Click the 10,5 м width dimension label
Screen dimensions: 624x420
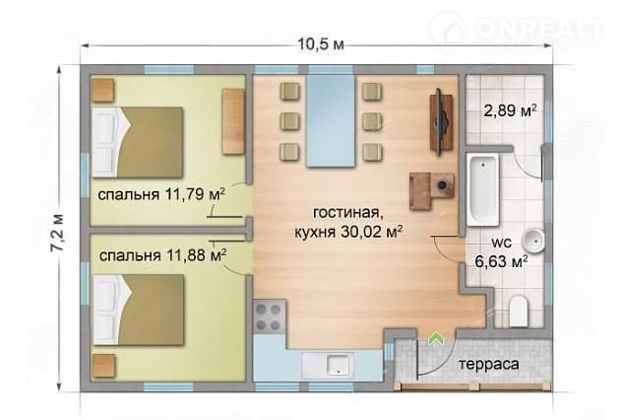(321, 43)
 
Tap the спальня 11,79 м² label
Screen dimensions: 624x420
(161, 195)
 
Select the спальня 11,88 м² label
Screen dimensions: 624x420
(163, 255)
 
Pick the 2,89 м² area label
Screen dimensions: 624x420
(510, 110)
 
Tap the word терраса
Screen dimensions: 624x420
(489, 364)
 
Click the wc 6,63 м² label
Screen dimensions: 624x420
(502, 252)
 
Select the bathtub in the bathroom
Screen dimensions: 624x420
(482, 189)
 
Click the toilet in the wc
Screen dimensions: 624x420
(519, 310)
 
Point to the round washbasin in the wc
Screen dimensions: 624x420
(533, 241)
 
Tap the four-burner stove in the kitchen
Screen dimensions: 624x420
(270, 317)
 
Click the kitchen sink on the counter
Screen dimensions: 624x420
(338, 365)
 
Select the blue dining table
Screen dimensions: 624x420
(331, 120)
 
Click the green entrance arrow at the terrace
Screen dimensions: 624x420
(437, 339)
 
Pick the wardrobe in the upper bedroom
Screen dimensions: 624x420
(233, 121)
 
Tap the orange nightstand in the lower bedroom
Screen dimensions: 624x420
(103, 366)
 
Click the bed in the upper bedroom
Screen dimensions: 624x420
(137, 142)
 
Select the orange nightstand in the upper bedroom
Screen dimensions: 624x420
(103, 90)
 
